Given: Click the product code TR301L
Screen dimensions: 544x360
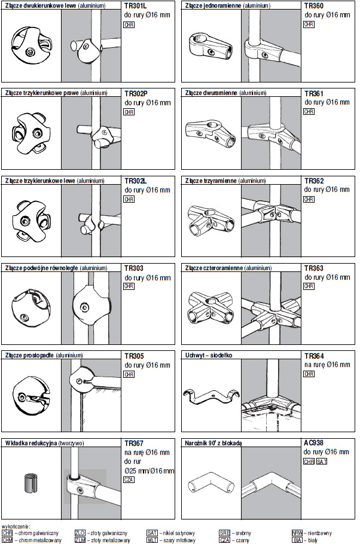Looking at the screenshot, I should tap(135, 6).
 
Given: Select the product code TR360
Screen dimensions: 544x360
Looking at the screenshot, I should tap(314, 5).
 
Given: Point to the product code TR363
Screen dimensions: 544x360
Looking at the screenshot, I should tap(314, 268).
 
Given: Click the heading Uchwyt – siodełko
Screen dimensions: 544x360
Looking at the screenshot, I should tap(208, 355).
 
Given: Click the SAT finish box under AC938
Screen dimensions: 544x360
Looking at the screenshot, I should tap(322, 462).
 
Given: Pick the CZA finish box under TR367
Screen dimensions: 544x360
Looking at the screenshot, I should tap(129, 479).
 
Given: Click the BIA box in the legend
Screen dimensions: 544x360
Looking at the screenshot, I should tap(297, 540).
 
